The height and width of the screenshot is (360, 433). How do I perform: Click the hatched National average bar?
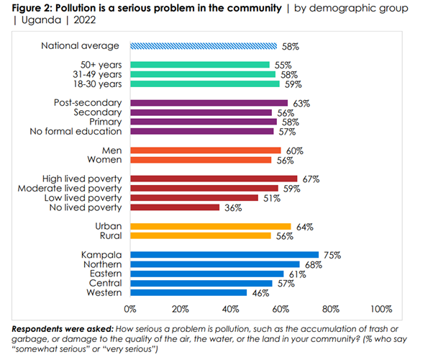click(x=203, y=45)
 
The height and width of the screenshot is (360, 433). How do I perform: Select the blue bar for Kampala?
click(x=224, y=254)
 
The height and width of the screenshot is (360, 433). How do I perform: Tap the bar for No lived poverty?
click(x=175, y=207)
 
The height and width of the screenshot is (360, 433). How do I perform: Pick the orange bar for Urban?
click(x=210, y=226)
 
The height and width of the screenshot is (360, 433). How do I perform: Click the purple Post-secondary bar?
click(x=209, y=103)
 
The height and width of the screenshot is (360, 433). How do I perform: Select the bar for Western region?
click(x=188, y=293)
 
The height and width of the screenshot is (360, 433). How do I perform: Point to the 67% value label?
click(x=309, y=178)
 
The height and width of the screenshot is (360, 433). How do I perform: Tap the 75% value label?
click(x=329, y=254)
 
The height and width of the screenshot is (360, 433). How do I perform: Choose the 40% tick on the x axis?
click(x=230, y=310)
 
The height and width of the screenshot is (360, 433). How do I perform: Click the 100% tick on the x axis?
click(x=380, y=310)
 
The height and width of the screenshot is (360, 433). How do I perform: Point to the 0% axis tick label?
click(x=130, y=310)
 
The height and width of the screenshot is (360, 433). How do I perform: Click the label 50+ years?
click(x=100, y=65)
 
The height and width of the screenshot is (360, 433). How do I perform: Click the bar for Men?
click(x=205, y=150)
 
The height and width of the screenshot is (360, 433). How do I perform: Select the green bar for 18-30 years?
click(x=204, y=84)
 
